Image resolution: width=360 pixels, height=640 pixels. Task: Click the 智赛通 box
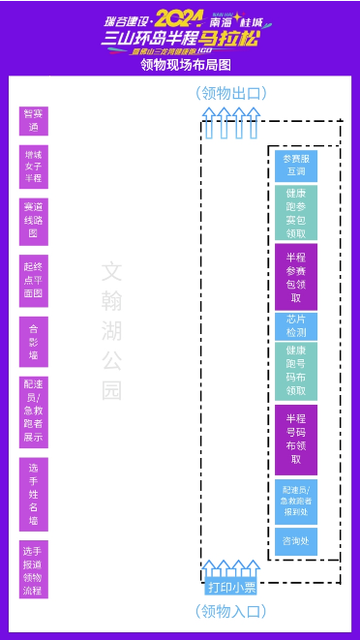(33, 121)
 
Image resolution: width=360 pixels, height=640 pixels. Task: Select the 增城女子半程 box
(33, 166)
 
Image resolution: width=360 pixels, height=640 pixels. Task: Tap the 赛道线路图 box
(33, 219)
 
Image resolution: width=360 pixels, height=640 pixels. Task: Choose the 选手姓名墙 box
(33, 494)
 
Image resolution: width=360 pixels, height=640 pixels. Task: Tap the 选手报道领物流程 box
(33, 570)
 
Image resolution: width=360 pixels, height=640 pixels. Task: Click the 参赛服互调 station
(295, 165)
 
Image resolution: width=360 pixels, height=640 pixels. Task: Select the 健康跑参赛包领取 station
(295, 213)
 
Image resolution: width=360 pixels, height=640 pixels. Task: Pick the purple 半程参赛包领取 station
(295, 277)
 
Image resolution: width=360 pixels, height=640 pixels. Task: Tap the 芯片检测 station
(295, 325)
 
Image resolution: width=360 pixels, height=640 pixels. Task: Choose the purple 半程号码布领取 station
(295, 439)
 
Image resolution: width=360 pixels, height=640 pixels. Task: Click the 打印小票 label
(232, 587)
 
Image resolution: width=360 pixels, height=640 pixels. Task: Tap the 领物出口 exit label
(231, 93)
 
